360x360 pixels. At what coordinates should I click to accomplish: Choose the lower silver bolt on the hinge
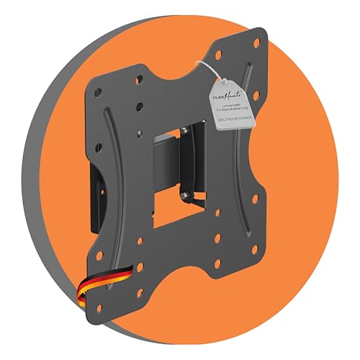(186, 194)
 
